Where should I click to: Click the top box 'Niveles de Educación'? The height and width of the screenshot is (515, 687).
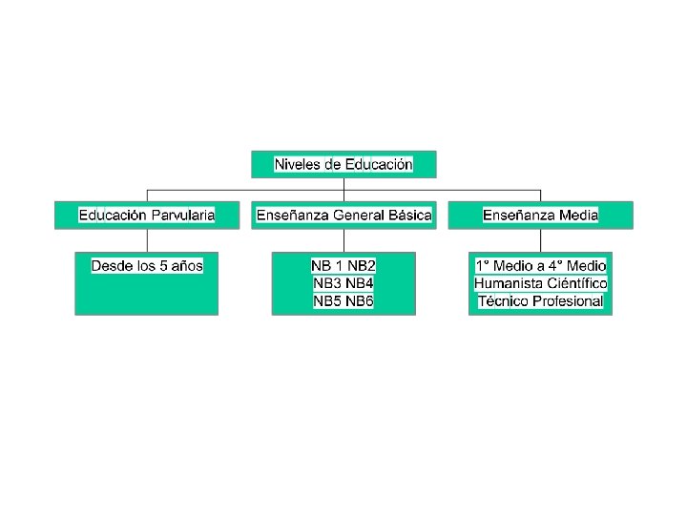tap(343, 164)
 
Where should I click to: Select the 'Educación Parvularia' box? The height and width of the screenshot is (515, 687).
tap(147, 215)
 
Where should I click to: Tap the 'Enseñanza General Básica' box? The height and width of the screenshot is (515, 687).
tap(343, 215)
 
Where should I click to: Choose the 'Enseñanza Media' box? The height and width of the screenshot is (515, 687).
tap(540, 215)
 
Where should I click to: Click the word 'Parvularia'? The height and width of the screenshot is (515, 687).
tap(182, 215)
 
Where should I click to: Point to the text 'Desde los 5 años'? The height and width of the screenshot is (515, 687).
tap(147, 265)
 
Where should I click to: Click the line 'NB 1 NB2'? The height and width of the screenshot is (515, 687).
tap(343, 265)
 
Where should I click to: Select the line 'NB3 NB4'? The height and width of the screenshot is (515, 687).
tap(343, 283)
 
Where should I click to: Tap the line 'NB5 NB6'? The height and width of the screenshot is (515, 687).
tap(343, 301)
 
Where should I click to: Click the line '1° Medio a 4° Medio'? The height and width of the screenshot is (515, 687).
tap(540, 265)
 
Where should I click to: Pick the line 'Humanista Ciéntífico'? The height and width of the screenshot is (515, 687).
tap(540, 283)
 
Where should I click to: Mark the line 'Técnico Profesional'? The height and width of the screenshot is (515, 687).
tap(540, 301)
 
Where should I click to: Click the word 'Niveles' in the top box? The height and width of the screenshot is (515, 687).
tap(297, 164)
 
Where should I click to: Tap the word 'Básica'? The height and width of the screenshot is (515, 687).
tap(409, 215)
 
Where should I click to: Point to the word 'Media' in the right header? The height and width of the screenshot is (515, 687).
tap(578, 215)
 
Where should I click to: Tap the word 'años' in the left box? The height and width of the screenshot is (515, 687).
tap(188, 265)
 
